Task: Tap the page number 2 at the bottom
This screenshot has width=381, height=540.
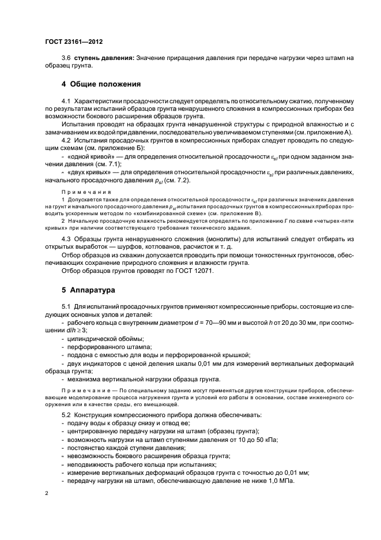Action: [x=47, y=494]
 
